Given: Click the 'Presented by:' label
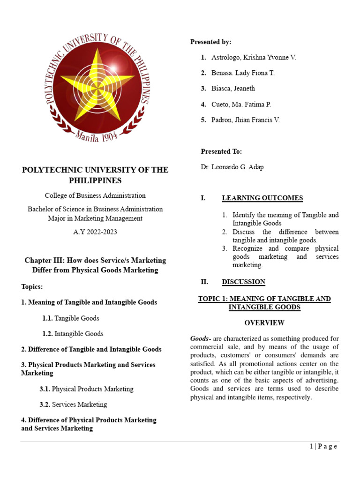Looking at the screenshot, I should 210,42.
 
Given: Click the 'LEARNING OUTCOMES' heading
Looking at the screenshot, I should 262,198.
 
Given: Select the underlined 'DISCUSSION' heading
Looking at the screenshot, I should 243,282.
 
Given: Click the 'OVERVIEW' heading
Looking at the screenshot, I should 264,323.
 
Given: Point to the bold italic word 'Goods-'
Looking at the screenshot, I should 200,338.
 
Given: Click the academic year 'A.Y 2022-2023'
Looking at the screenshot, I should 95,232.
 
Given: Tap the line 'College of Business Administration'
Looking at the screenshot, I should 95,195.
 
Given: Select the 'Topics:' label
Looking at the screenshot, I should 32,287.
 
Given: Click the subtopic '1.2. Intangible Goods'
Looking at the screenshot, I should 73,334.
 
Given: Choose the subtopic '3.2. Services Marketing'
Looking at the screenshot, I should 73,405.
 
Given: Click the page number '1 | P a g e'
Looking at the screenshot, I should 323,446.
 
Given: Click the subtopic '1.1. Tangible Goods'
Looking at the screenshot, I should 70,318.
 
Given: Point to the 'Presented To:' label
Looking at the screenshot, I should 221,151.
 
